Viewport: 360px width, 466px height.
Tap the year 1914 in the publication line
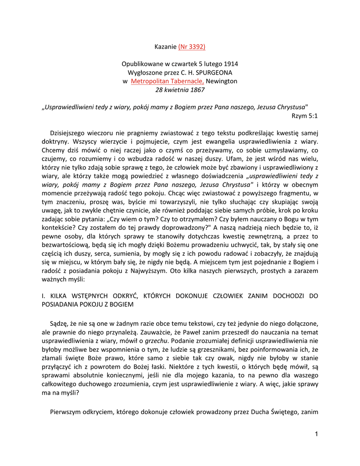pyautogui.click(x=229, y=64)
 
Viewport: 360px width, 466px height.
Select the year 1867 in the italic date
pyautogui.click(x=197, y=90)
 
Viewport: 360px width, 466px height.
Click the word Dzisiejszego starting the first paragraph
pyautogui.click(x=72, y=133)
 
